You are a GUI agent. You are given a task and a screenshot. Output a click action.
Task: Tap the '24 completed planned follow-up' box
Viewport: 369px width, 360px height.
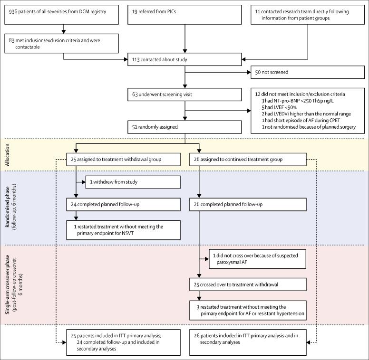(123, 204)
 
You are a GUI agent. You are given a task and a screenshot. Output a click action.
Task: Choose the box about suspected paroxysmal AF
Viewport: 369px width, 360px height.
(256, 258)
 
